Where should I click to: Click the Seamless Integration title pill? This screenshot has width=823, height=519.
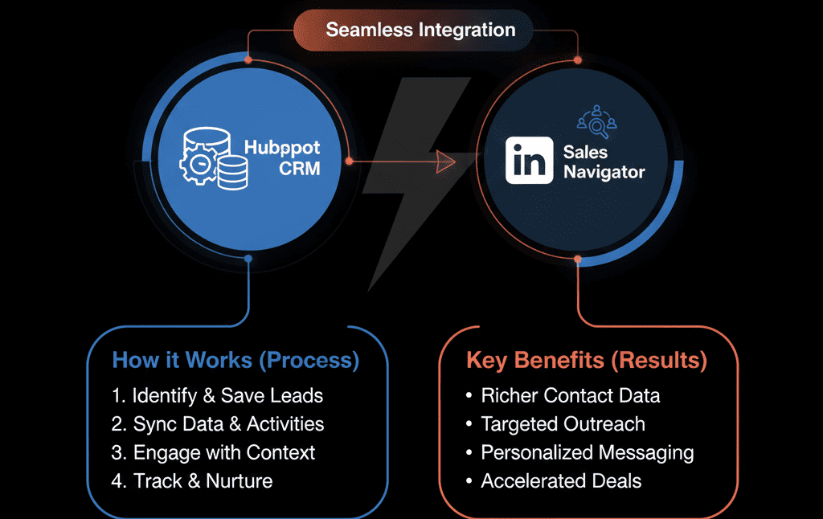pos(420,31)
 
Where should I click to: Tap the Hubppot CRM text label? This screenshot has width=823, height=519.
pos(281,158)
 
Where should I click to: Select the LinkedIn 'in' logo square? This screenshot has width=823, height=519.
pos(529,160)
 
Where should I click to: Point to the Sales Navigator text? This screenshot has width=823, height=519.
pos(603,161)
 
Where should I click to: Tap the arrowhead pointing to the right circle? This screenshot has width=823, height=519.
pos(444,161)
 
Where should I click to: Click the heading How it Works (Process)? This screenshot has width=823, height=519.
pos(235,360)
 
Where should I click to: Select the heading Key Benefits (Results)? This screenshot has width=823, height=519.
pos(586,361)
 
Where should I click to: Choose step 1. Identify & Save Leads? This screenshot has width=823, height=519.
pos(217,395)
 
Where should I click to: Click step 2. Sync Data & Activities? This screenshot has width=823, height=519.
pos(218,423)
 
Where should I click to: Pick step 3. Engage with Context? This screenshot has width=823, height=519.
pos(213,452)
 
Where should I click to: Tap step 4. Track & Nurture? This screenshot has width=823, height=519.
pos(192,481)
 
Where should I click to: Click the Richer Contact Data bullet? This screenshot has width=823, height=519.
pos(563,395)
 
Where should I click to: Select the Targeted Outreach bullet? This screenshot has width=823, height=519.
pos(555,423)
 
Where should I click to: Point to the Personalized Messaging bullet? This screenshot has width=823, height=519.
pos(579,452)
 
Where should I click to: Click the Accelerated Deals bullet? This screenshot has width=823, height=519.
pos(553,481)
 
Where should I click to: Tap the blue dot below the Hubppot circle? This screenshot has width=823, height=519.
pos(248,259)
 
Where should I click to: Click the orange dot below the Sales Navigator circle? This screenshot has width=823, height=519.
pos(577,259)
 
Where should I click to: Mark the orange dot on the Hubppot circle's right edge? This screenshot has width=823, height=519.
pos(349,161)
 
